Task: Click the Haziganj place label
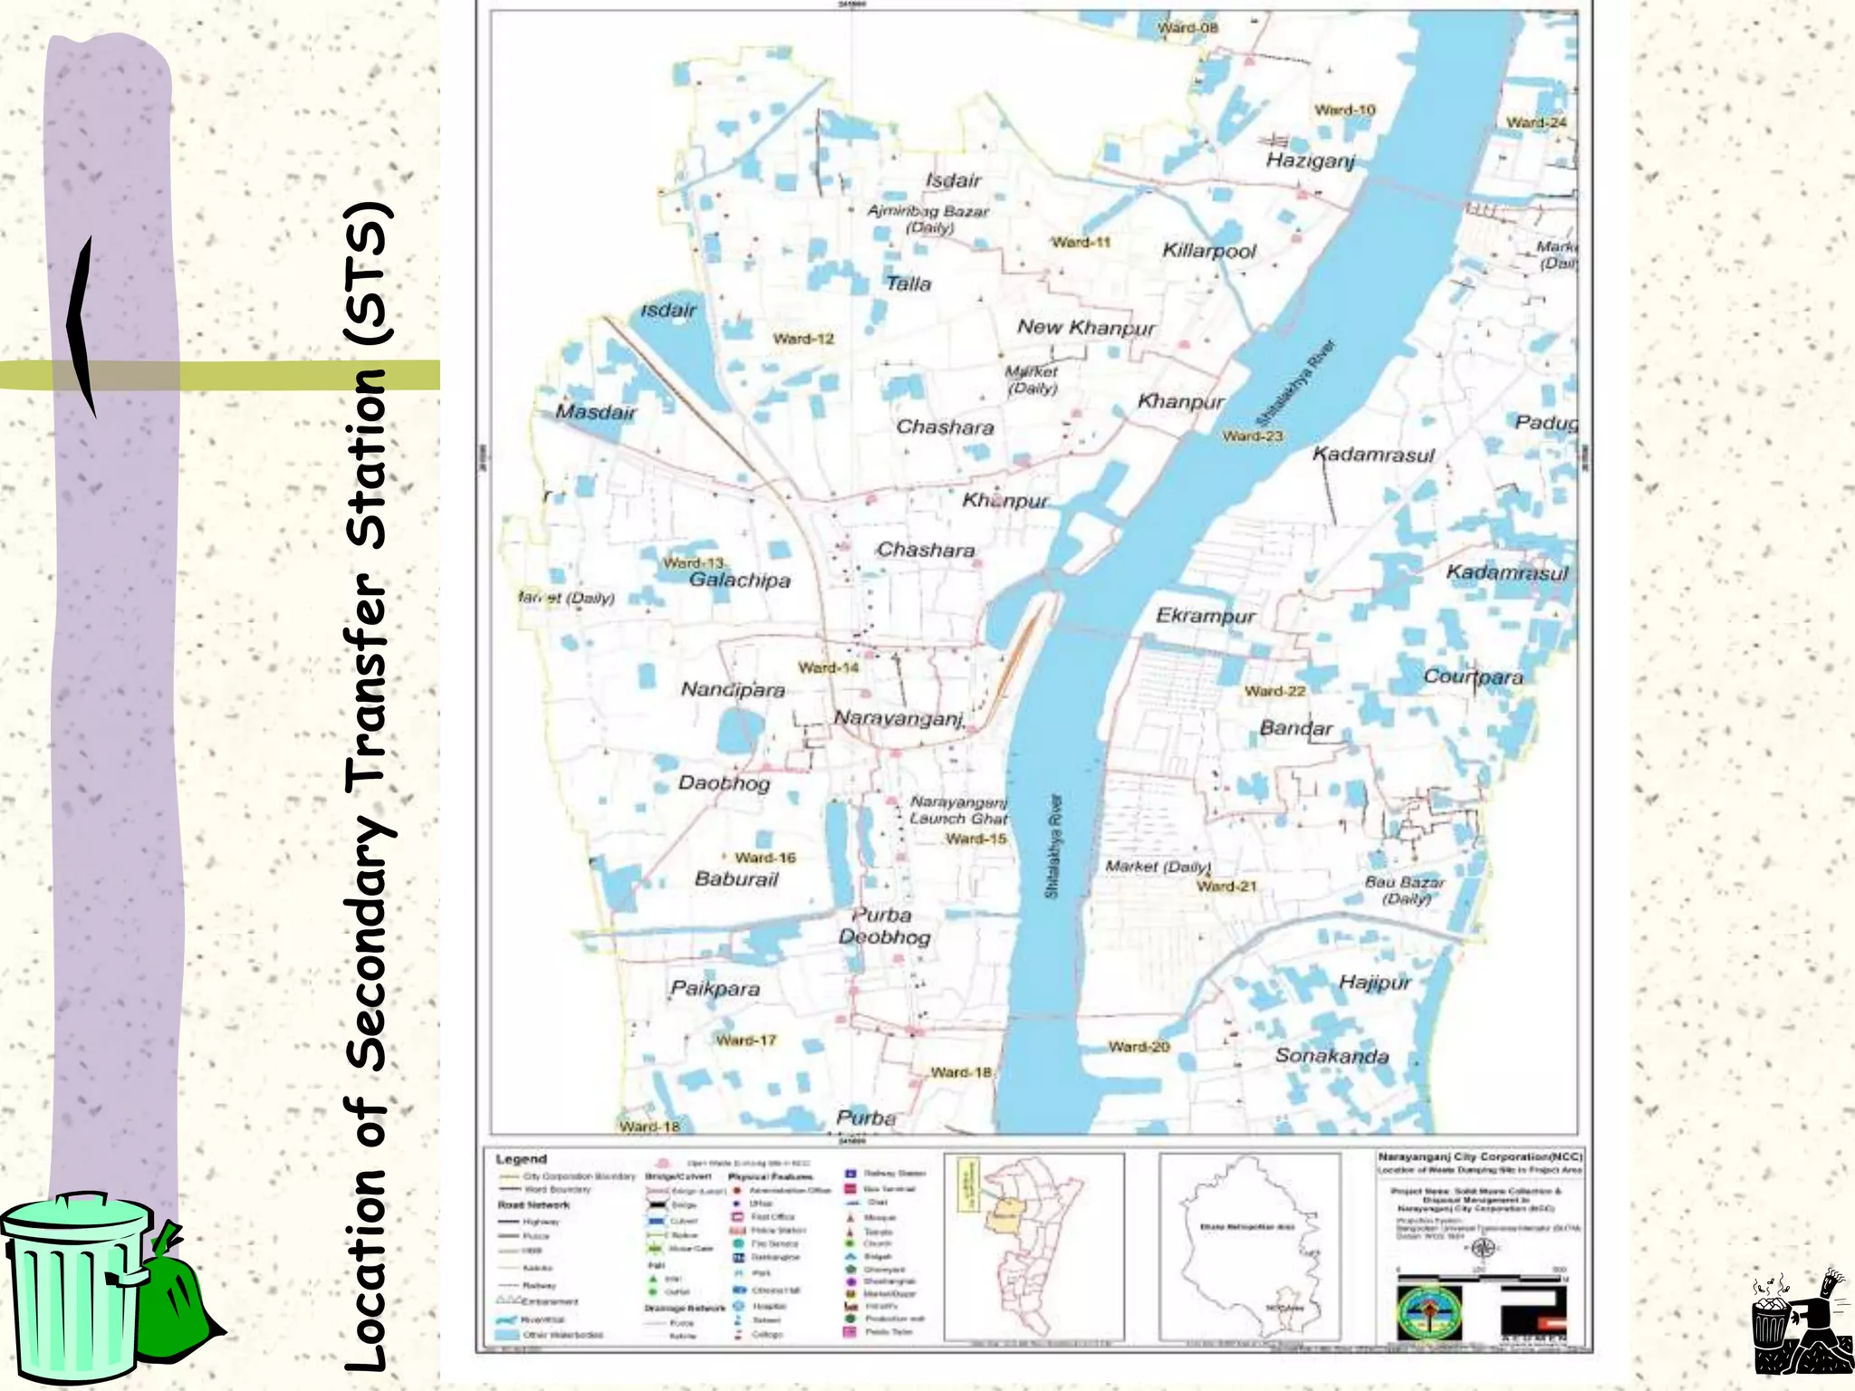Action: pyautogui.click(x=1310, y=161)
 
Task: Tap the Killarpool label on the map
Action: pyautogui.click(x=1209, y=251)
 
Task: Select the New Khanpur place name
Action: pyautogui.click(x=1086, y=327)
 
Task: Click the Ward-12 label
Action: pyautogui.click(x=803, y=339)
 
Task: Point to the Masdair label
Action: pyautogui.click(x=595, y=412)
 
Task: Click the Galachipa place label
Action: pyautogui.click(x=739, y=580)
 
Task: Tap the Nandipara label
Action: pyautogui.click(x=733, y=690)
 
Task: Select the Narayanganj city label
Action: pyautogui.click(x=899, y=718)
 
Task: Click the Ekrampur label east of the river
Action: pyautogui.click(x=1205, y=616)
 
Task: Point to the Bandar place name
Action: pyautogui.click(x=1296, y=728)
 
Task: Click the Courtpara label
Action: pyautogui.click(x=1473, y=676)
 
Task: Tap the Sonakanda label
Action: pyautogui.click(x=1331, y=1056)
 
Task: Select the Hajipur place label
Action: pyautogui.click(x=1374, y=983)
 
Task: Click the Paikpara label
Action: pyautogui.click(x=715, y=989)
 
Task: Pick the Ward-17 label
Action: pyautogui.click(x=746, y=1040)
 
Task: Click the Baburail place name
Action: pyautogui.click(x=735, y=878)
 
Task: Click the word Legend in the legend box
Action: pyautogui.click(x=521, y=1159)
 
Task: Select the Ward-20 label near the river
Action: pyautogui.click(x=1139, y=1047)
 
